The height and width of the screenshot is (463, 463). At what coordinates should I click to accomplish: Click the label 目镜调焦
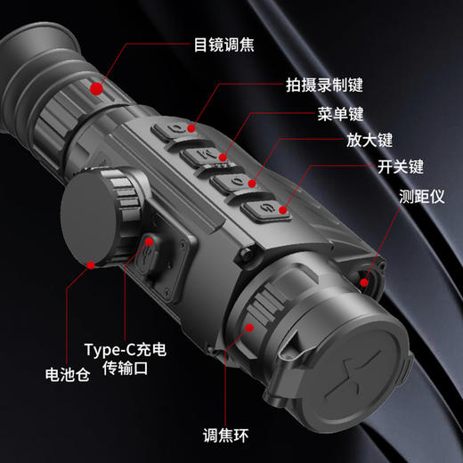[223, 43]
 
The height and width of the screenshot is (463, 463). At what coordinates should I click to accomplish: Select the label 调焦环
[226, 435]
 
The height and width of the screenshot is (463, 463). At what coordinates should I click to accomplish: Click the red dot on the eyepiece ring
[95, 87]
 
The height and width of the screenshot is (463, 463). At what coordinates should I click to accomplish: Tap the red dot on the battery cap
[93, 264]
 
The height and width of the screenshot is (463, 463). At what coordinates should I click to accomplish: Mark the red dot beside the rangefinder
[364, 283]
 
